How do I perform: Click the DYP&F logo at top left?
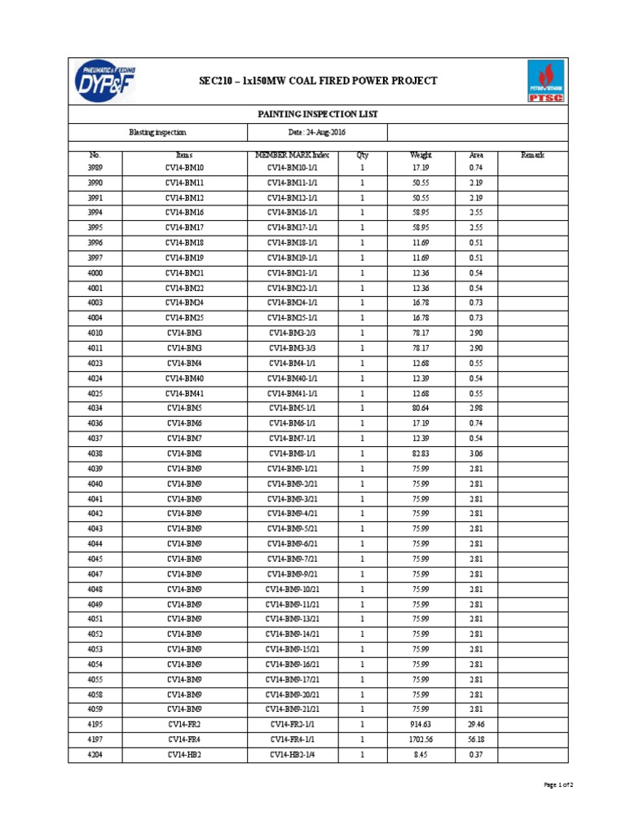(103, 81)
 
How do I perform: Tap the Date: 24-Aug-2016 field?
(314, 132)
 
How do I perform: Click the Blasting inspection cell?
(157, 132)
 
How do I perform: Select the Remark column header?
(532, 154)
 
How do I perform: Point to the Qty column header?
(363, 154)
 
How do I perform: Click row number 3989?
(95, 167)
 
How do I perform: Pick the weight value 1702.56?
(421, 739)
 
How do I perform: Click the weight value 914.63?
(421, 724)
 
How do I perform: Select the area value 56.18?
(476, 739)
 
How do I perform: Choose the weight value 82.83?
(421, 453)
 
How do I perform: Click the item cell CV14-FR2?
(184, 724)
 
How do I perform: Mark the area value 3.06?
(476, 453)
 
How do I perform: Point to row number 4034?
(95, 408)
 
